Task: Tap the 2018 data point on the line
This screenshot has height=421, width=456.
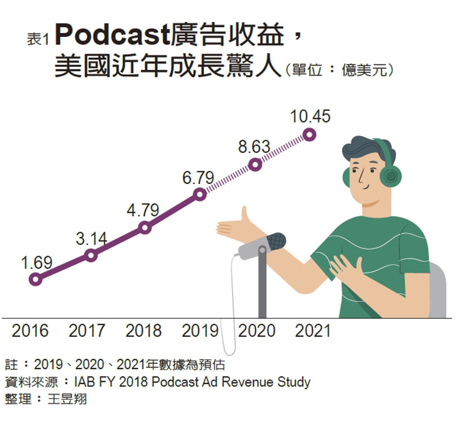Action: click(145, 228)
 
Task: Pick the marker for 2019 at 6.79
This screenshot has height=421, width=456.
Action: click(200, 194)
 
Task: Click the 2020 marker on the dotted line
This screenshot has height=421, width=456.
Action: click(256, 164)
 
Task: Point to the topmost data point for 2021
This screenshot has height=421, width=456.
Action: click(310, 135)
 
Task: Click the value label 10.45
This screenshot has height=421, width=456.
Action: click(310, 116)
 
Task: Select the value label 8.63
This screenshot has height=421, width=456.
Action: click(254, 147)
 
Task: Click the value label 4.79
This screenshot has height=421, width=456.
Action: click(143, 211)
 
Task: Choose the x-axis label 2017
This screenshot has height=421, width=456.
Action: click(87, 331)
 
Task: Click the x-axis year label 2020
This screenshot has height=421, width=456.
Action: click(257, 331)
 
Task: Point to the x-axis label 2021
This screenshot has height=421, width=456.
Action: click(313, 331)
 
